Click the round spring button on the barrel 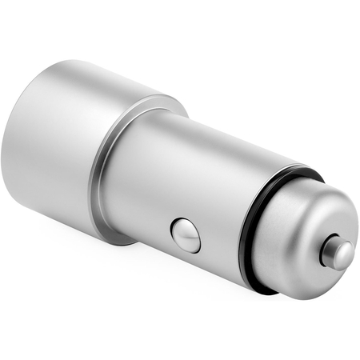pos(186,235)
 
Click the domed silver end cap pos(296,232)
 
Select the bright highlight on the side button pos(182,230)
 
